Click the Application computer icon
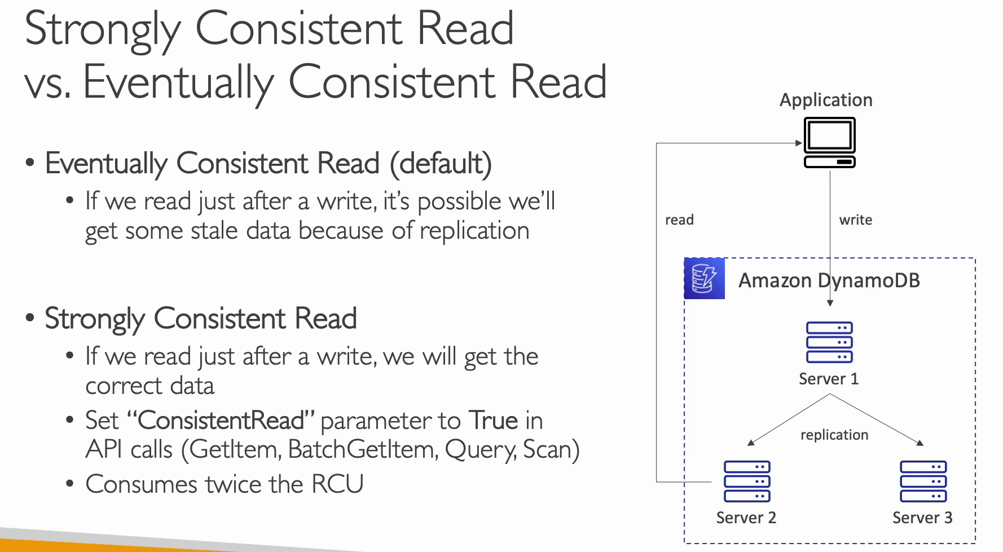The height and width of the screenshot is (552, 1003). point(829,143)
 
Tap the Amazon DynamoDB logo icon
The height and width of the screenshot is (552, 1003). point(704,278)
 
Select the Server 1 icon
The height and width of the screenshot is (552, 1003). point(829,342)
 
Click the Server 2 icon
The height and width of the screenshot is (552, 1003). point(747,481)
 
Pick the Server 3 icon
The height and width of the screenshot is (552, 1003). point(923,481)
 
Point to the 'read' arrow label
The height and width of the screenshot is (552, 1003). point(679,220)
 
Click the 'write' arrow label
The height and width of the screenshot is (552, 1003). point(856,220)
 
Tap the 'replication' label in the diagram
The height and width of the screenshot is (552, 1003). point(834,435)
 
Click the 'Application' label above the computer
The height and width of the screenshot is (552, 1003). point(826,100)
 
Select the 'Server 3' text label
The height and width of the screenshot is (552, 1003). point(922,518)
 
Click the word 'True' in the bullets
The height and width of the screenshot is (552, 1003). point(493,420)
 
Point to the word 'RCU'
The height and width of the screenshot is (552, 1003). point(337,484)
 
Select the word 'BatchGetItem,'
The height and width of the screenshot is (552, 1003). point(363,450)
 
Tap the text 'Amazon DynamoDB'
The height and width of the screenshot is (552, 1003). point(829,281)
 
